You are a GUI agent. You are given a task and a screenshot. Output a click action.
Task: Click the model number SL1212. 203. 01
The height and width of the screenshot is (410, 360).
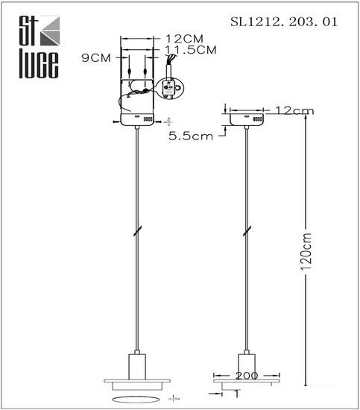coord(284,22)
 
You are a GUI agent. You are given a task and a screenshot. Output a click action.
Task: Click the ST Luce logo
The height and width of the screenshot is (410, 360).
coord(40,47)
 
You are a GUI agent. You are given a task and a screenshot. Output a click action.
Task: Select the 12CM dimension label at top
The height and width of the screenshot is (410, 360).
coord(184,39)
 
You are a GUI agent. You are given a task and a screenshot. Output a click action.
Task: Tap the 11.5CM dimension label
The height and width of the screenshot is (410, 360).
coord(191,50)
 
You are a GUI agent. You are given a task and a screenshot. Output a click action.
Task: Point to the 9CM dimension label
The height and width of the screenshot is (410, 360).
coord(96,58)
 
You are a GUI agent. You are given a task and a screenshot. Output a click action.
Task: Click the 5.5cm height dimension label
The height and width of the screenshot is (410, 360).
coord(191,136)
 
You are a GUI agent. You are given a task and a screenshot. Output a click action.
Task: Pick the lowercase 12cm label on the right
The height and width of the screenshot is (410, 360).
coord(294,110)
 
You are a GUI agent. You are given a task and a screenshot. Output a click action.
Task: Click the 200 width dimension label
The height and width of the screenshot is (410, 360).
coord(247,376)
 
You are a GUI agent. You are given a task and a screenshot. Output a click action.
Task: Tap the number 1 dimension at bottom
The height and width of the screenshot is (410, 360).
coord(237,394)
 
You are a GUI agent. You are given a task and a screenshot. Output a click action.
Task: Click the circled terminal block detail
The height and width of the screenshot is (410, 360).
coord(169,88)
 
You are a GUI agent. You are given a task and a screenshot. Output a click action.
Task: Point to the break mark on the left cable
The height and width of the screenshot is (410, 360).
coord(138,231)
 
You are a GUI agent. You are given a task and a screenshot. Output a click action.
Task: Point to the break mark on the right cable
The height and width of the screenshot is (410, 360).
coord(247,231)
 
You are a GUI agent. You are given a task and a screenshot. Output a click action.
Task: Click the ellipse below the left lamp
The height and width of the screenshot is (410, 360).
coord(136,400)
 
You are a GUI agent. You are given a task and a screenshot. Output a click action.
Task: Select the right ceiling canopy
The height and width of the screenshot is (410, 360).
coord(247,119)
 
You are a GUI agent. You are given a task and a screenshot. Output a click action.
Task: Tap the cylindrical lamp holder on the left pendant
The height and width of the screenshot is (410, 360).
coord(137,367)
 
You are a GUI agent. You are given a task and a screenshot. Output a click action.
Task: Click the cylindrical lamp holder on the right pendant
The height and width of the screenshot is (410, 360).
coord(247,364)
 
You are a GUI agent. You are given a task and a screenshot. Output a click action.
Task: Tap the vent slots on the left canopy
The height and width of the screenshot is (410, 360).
coord(148,119)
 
